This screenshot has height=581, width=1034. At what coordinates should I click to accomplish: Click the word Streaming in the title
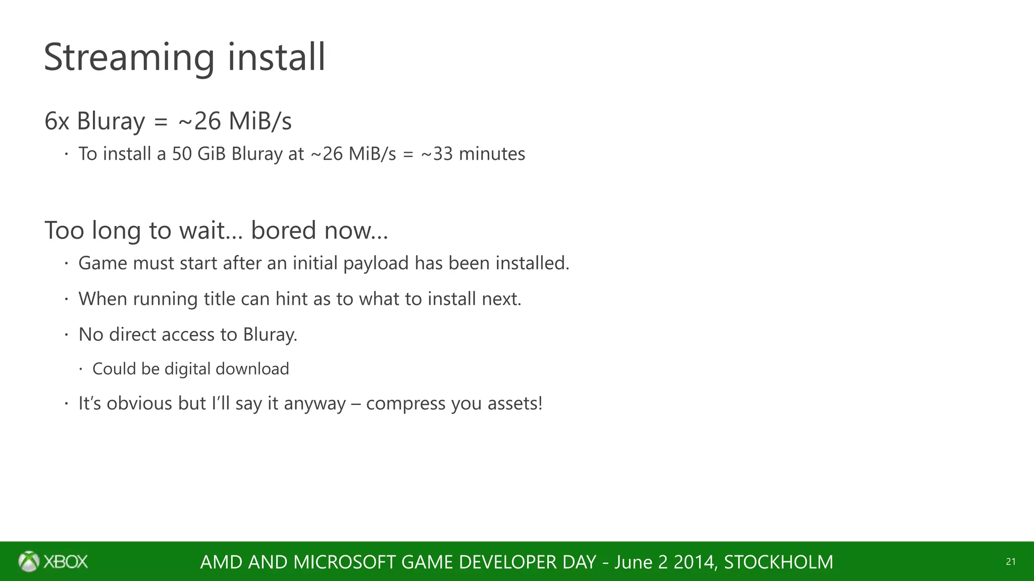129,57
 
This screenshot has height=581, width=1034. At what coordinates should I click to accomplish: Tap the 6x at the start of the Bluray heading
57,122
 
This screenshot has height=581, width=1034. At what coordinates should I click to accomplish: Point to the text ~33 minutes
473,154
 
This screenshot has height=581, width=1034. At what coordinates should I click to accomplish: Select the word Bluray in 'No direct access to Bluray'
270,335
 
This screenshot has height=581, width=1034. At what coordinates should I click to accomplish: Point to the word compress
405,403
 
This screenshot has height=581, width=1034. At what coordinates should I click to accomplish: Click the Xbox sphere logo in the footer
29,561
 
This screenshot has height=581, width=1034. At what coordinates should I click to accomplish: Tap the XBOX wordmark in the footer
66,562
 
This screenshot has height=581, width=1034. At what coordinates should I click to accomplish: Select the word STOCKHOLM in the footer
778,562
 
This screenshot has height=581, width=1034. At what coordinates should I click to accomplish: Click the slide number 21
1010,562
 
